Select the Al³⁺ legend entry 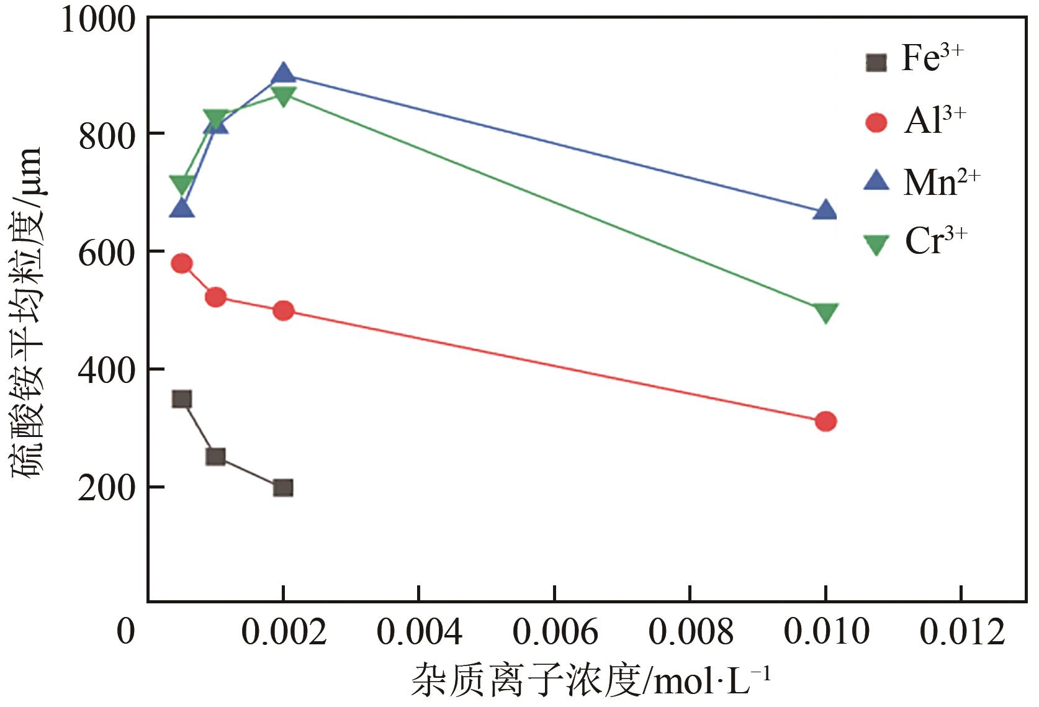915,122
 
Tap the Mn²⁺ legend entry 921,182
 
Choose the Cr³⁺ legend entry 916,242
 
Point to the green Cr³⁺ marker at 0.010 825,312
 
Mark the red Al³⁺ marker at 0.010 825,421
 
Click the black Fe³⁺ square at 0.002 283,487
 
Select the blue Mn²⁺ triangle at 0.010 825,210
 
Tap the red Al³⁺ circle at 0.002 283,310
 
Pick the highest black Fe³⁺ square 181,399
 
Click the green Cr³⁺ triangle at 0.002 283,96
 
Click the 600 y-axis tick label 107,251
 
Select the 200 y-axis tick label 107,488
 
